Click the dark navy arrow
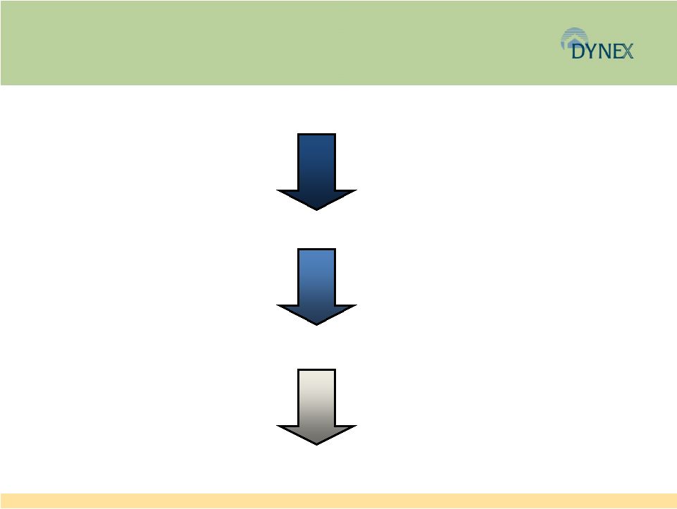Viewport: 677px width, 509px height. [x=316, y=172]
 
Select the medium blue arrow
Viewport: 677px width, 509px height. [x=316, y=287]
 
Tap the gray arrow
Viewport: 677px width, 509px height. [x=316, y=407]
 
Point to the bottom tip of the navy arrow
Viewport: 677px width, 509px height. [x=316, y=210]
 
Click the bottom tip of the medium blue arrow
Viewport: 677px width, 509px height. [x=316, y=325]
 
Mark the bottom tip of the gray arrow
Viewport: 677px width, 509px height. [x=316, y=445]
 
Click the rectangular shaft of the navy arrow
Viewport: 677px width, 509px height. [x=316, y=162]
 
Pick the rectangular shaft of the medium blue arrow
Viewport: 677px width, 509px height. [x=316, y=277]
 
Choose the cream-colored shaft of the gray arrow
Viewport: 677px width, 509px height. [x=316, y=398]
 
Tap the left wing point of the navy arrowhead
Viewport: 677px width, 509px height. [x=278, y=190]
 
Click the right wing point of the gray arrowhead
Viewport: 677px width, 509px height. [x=356, y=426]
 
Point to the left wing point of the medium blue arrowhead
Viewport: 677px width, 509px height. [x=278, y=305]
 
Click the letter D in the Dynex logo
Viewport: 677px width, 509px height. [x=578, y=51]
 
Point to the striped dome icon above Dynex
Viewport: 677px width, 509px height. [x=574, y=36]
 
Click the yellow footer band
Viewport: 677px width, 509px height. [x=338, y=501]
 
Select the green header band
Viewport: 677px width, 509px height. [x=338, y=42]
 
